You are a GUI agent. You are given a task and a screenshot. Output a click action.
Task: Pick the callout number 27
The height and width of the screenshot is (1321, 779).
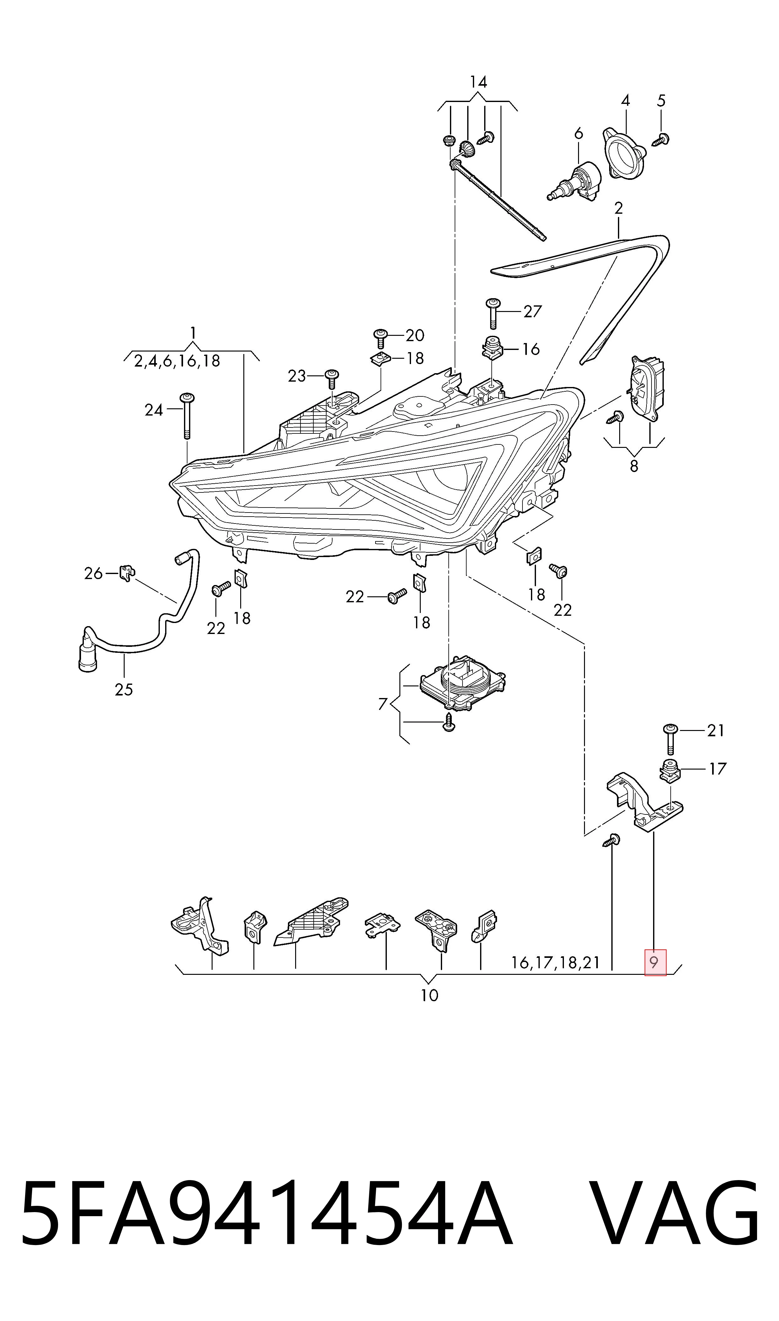coord(532,312)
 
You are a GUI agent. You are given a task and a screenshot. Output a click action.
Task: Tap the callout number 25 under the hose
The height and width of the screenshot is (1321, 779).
coord(124,689)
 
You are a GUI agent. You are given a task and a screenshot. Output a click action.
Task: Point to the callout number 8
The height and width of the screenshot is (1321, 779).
coord(634,465)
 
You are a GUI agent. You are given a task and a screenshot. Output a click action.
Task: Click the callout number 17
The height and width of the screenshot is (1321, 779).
coord(717,769)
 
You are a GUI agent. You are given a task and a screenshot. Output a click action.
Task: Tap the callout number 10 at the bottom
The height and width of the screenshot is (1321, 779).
coord(430,995)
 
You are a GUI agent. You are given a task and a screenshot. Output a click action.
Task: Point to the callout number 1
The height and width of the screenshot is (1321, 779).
coord(193,333)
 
